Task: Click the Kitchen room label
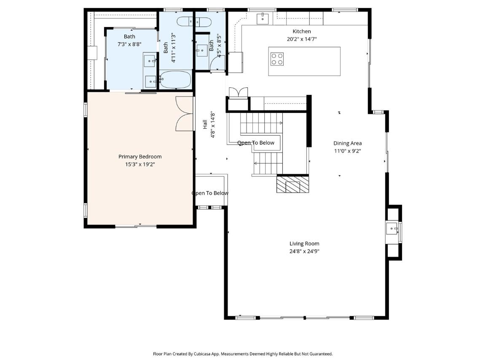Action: pyautogui.click(x=302, y=31)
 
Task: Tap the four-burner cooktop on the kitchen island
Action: pyautogui.click(x=277, y=59)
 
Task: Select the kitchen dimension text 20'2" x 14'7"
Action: pyautogui.click(x=302, y=39)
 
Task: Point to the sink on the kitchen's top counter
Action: pyautogui.click(x=263, y=19)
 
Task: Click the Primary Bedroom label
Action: pyautogui.click(x=140, y=156)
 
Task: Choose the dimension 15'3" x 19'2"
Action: pyautogui.click(x=140, y=164)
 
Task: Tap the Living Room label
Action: pyautogui.click(x=304, y=244)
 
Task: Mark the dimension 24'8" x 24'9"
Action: pyautogui.click(x=304, y=251)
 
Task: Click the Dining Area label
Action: pyautogui.click(x=347, y=143)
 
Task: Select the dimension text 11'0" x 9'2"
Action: pyautogui.click(x=347, y=151)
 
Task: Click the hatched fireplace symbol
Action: pyautogui.click(x=292, y=184)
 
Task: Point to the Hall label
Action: pyautogui.click(x=205, y=124)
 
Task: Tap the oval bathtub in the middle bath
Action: pyautogui.click(x=175, y=80)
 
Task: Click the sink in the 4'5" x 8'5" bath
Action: pyautogui.click(x=202, y=51)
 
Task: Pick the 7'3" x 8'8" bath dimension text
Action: pyautogui.click(x=129, y=44)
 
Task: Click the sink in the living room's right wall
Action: pyautogui.click(x=392, y=228)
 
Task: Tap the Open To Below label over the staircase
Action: pyautogui.click(x=256, y=143)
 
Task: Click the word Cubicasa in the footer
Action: pyautogui.click(x=202, y=354)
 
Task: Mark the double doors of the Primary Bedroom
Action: pyautogui.click(x=184, y=114)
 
